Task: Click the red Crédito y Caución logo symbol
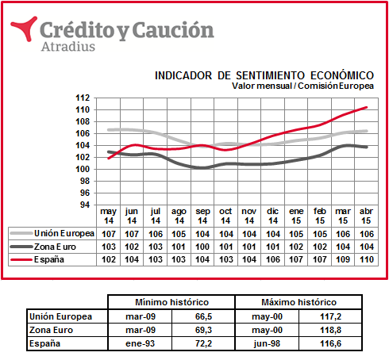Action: point(25,29)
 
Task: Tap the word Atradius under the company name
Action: point(68,47)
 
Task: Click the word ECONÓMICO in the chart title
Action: point(342,75)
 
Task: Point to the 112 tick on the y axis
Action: point(83,98)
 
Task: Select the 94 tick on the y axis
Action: point(85,205)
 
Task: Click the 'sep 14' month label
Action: point(202,216)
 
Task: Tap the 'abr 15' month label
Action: point(366,216)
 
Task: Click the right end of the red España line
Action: point(367,107)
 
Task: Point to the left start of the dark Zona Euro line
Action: point(109,151)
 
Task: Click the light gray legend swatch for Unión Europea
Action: point(21,233)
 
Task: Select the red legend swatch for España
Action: point(21,259)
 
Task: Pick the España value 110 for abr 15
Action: point(367,259)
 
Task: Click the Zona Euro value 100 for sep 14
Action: point(202,247)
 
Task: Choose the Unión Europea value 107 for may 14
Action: point(109,234)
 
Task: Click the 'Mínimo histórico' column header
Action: point(171,302)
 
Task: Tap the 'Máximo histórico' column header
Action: point(298,302)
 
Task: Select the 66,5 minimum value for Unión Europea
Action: point(203,316)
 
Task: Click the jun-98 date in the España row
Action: point(267,343)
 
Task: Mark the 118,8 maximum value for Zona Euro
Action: point(330,330)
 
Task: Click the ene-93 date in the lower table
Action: point(140,343)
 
